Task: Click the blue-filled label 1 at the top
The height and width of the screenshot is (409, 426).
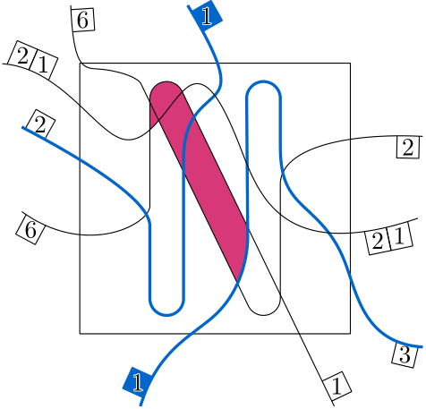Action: point(207,16)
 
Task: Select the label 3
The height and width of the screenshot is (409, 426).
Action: point(405,355)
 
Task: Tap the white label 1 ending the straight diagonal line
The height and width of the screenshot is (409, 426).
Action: point(337,387)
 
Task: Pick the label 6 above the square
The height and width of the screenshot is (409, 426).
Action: point(82,20)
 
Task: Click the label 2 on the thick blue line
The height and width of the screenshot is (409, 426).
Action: point(40,124)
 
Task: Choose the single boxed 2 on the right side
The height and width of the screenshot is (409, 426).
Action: point(408,148)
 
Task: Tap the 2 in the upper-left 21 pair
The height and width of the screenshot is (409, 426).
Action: point(22,56)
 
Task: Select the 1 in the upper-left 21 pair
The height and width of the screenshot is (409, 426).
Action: point(43,64)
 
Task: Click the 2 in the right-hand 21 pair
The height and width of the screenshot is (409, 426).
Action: point(378,241)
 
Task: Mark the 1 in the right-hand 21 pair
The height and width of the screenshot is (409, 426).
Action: point(400,236)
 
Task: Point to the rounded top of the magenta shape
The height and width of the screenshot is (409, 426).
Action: point(166,87)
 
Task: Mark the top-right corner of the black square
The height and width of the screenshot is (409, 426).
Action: point(350,64)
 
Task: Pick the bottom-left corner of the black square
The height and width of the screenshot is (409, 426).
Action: point(80,334)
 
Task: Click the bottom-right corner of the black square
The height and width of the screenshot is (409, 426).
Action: point(350,334)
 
